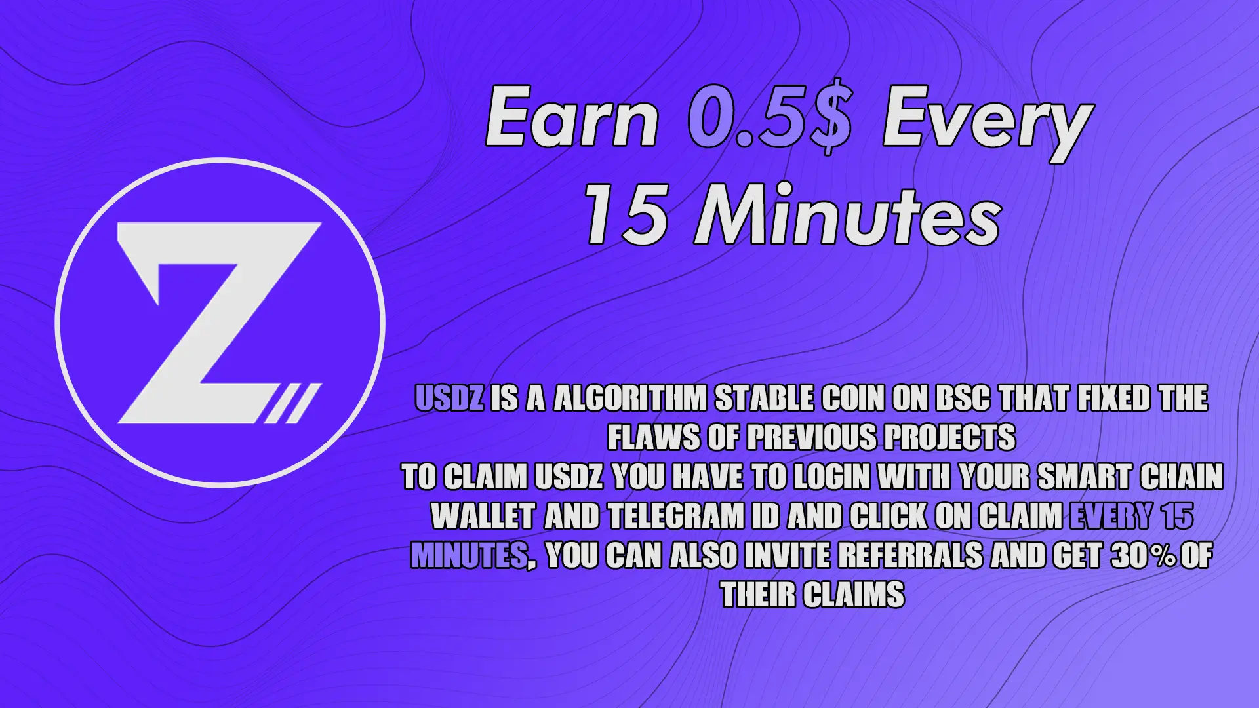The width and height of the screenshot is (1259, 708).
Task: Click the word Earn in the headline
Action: pos(572,118)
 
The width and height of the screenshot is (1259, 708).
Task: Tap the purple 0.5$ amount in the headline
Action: pos(771,119)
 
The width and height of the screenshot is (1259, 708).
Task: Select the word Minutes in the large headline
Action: pos(849,214)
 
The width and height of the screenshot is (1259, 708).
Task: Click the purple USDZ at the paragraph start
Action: pos(450,399)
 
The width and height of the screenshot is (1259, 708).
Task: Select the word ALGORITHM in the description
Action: pos(630,399)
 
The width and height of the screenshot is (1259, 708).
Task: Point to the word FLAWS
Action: pos(654,438)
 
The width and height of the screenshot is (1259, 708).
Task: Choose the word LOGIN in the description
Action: pos(832,477)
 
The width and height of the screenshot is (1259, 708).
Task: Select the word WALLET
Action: pos(483,517)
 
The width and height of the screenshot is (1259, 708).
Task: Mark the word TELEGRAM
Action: pos(677,517)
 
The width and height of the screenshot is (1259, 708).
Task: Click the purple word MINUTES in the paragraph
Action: pos(469,556)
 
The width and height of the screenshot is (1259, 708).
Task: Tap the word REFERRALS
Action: pos(911,556)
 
